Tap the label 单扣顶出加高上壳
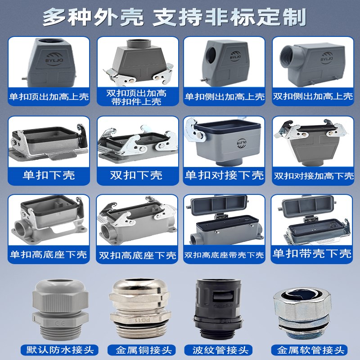(49, 96)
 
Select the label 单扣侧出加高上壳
(225, 96)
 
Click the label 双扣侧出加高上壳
(313, 96)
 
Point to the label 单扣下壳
(49, 175)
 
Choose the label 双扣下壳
(136, 175)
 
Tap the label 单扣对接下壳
(225, 175)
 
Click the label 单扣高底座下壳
(49, 255)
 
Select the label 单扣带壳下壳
(313, 253)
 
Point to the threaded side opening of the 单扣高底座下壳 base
(22, 227)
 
